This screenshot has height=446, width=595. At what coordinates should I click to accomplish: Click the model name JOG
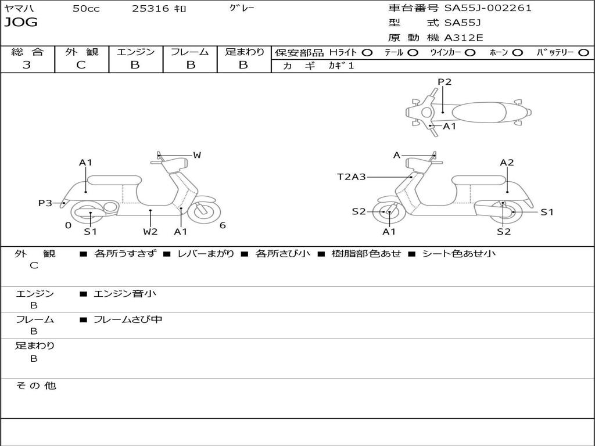pyautogui.click(x=21, y=23)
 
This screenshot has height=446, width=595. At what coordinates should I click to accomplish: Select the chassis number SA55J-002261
pyautogui.click(x=488, y=8)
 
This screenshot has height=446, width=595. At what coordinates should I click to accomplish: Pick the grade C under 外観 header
pyautogui.click(x=81, y=65)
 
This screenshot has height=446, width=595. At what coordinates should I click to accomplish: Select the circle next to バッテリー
pyautogui.click(x=583, y=53)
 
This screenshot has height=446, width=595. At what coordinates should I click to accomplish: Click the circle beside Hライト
pyautogui.click(x=367, y=53)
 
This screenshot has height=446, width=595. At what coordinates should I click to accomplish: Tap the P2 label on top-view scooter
pyautogui.click(x=445, y=82)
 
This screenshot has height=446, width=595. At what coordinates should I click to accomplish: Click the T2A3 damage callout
pyautogui.click(x=352, y=177)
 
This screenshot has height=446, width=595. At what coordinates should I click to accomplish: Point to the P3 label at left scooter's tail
pyautogui.click(x=45, y=203)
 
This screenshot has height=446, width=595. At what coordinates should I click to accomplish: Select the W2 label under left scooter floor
pyautogui.click(x=150, y=231)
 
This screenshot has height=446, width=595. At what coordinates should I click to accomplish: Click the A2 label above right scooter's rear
pyautogui.click(x=507, y=163)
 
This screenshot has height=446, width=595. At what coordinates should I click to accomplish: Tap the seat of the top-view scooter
pyautogui.click(x=479, y=112)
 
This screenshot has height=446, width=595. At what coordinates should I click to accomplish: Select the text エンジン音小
pyautogui.click(x=125, y=294)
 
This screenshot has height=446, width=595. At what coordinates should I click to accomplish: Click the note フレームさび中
pyautogui.click(x=128, y=320)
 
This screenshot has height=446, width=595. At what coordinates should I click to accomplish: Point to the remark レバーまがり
pyautogui.click(x=206, y=253)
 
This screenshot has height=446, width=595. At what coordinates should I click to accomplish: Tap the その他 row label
pyautogui.click(x=36, y=386)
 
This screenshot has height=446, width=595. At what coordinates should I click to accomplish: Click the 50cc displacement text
pyautogui.click(x=86, y=9)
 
